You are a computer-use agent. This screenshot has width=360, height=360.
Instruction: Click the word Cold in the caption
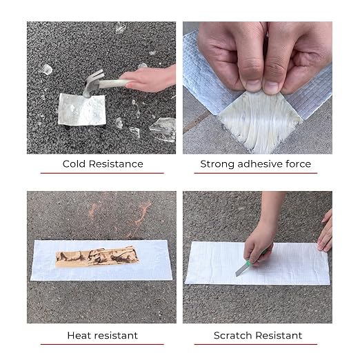74,164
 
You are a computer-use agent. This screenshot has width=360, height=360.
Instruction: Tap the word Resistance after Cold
116,164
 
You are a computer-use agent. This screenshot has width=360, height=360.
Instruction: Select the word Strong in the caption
217,164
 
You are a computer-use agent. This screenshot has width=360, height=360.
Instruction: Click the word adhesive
260,164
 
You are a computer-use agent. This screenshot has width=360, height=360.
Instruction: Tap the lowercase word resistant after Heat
117,335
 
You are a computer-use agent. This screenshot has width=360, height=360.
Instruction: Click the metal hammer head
92,83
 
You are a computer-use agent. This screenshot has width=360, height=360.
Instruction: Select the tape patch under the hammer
82,110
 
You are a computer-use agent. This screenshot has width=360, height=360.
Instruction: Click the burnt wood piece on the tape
97,257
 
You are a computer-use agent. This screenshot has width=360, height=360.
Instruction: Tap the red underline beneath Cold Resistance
102,173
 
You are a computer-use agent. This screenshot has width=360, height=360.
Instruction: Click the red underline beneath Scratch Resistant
256,344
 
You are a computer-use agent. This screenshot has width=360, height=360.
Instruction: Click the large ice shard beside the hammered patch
163,129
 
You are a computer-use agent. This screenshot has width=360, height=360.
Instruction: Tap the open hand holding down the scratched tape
326,232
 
